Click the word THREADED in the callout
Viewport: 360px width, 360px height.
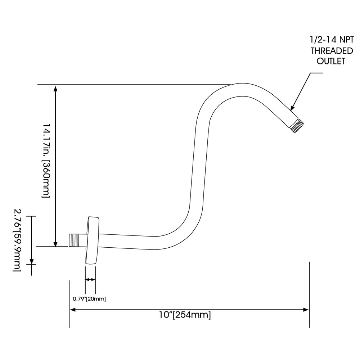[x=332, y=51]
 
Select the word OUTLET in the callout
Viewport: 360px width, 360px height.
[x=331, y=61]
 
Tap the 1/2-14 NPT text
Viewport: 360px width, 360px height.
[x=332, y=40]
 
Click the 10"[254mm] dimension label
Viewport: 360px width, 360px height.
[x=185, y=315]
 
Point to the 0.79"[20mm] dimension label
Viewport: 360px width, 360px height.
[x=89, y=299]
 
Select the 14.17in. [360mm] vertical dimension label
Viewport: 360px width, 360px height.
[x=46, y=161]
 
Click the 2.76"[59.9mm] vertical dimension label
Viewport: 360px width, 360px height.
[x=17, y=240]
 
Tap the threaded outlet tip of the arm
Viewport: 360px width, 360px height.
[x=297, y=125]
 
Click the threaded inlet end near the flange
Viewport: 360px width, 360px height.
[x=75, y=240]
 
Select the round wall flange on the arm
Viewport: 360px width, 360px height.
[x=92, y=240]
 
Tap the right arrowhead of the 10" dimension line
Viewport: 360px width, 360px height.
[x=306, y=310]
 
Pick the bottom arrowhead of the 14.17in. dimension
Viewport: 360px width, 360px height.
[x=55, y=244]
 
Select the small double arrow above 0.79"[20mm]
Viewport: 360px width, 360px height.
[x=90, y=279]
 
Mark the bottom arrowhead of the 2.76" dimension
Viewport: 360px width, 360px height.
[x=32, y=261]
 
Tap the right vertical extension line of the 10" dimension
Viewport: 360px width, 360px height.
[x=309, y=294]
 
